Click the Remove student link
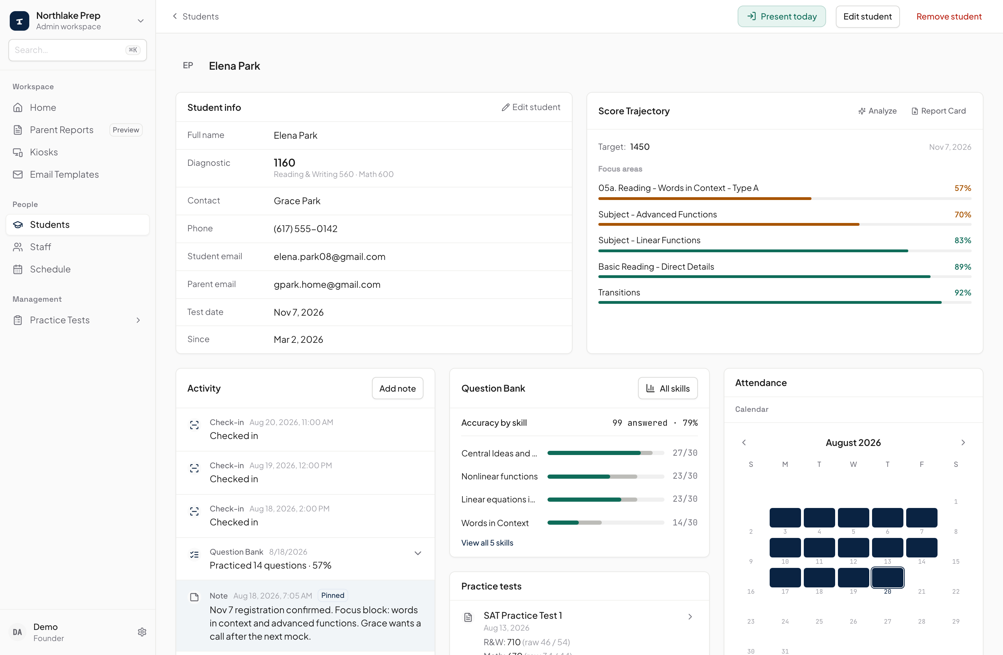[949, 16]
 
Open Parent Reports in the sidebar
[62, 130]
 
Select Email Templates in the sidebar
[64, 175]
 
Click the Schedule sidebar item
[50, 269]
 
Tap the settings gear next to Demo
[142, 632]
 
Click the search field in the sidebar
[78, 50]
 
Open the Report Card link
[939, 111]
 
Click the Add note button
[397, 388]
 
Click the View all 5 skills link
[487, 543]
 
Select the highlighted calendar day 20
[887, 578]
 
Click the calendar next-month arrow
[963, 442]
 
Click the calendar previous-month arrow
[744, 442]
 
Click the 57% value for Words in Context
[963, 188]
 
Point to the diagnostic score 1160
[285, 163]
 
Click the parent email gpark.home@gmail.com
[327, 285]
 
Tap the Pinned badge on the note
[333, 595]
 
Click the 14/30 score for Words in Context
[685, 523]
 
